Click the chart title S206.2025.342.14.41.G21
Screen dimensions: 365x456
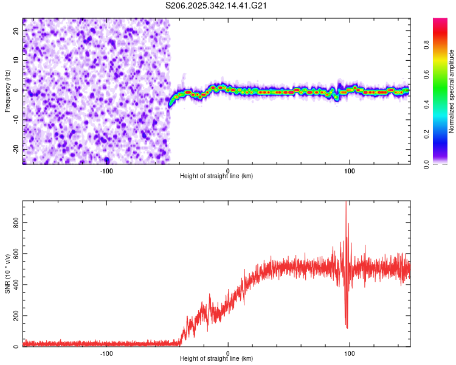click(217, 6)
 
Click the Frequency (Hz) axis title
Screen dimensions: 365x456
click(7, 91)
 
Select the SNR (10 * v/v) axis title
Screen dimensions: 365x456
click(7, 273)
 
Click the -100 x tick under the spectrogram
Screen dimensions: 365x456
click(107, 170)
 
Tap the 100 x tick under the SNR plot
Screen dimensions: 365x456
click(350, 353)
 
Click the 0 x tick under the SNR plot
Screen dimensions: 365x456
click(228, 353)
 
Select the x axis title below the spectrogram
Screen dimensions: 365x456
click(216, 176)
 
